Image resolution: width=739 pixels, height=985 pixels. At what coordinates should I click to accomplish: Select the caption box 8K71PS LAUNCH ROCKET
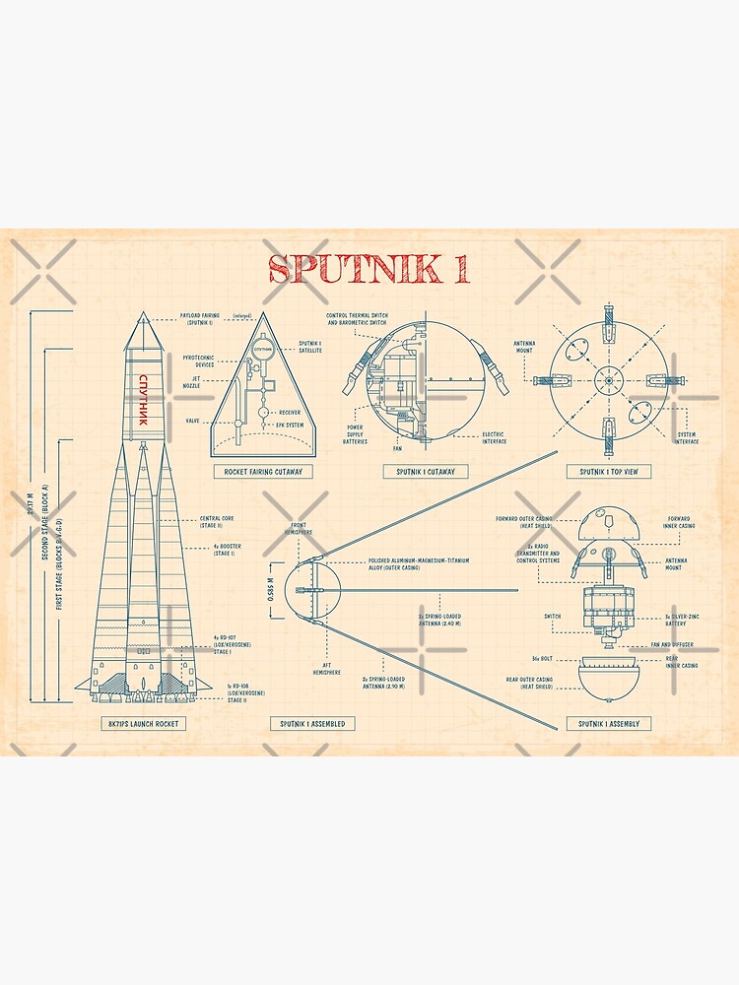[x=143, y=723]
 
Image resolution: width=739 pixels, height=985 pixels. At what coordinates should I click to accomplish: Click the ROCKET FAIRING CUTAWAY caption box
[x=262, y=472]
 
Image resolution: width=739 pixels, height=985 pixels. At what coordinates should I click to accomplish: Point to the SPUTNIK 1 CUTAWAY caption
[x=426, y=472]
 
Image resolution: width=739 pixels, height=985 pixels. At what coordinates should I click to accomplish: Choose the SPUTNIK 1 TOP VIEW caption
[x=608, y=472]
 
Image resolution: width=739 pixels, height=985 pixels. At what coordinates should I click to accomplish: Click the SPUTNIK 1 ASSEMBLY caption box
[x=608, y=723]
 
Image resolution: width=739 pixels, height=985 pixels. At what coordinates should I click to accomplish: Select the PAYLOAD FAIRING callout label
[x=199, y=319]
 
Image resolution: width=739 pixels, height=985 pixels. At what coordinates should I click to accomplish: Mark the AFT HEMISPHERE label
[x=327, y=669]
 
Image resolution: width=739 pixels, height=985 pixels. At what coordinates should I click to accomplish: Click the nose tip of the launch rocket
[x=143, y=314]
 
